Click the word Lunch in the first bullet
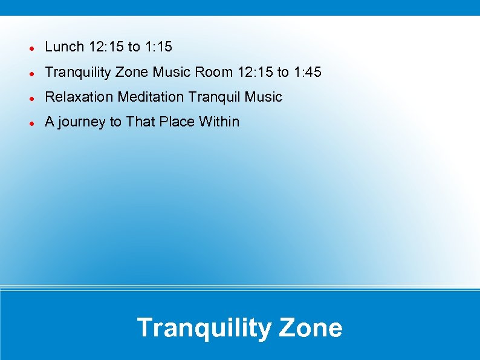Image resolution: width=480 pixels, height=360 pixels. pos(65,47)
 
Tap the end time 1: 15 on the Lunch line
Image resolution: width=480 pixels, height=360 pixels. pos(159,47)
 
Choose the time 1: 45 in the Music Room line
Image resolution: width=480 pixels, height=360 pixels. pos(308,73)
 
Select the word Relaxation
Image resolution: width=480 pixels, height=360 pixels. pos(79,97)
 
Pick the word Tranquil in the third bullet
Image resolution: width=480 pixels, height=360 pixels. pos(214,97)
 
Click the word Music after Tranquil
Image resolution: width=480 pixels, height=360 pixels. pos(264,97)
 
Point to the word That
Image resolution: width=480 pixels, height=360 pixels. pos(140,122)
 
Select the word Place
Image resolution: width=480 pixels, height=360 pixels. pos(177,122)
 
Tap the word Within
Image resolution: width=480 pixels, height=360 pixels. pos(219,122)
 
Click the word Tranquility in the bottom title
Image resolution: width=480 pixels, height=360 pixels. pos(204,328)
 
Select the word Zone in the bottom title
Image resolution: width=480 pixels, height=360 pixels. pos(311,328)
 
